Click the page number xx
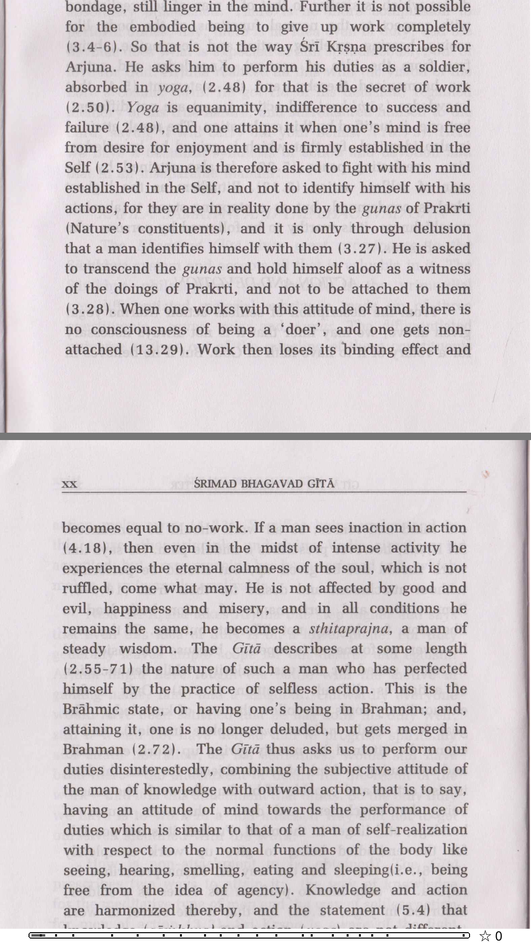(x=70, y=484)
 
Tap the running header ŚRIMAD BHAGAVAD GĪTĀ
(x=264, y=484)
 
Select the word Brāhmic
(x=91, y=709)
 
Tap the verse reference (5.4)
(x=413, y=910)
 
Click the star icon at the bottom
(x=485, y=936)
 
